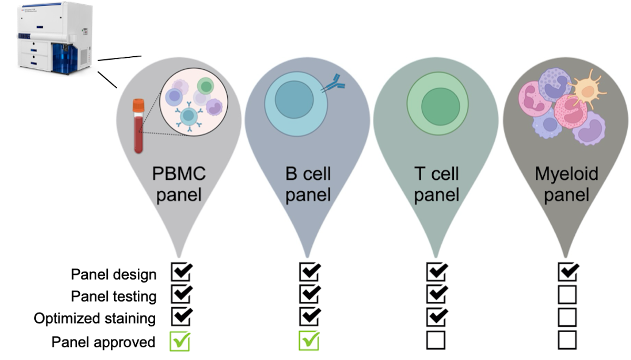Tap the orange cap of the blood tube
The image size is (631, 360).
[x=138, y=106]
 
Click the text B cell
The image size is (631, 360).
[x=308, y=173]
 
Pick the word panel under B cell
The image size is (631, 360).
[x=308, y=194]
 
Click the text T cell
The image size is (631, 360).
[x=436, y=173]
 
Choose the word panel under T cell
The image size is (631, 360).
[x=436, y=194]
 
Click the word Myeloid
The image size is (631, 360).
[x=566, y=173]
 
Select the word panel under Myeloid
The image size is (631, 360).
[x=566, y=194]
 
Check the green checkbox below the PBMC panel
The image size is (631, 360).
[x=180, y=341]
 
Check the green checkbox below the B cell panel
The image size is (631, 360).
[x=310, y=341]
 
